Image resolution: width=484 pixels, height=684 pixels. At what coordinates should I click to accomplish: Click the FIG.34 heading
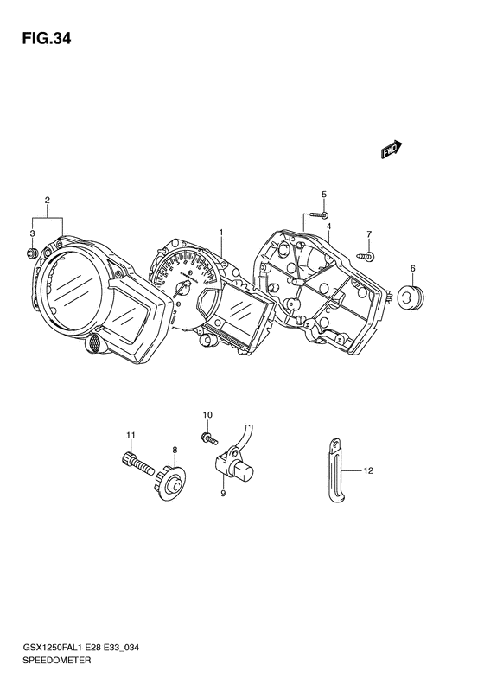pyautogui.click(x=46, y=39)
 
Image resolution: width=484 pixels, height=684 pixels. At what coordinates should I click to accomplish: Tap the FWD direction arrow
pyautogui.click(x=392, y=149)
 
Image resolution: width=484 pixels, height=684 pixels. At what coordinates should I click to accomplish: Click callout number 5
pyautogui.click(x=324, y=194)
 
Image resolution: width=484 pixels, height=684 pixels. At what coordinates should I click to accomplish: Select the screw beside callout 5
pyautogui.click(x=319, y=214)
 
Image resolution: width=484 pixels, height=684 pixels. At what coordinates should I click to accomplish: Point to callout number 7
pyautogui.click(x=369, y=234)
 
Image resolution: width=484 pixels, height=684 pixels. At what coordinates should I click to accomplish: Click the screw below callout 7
pyautogui.click(x=366, y=256)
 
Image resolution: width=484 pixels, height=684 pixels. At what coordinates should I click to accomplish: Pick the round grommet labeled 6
pyautogui.click(x=411, y=297)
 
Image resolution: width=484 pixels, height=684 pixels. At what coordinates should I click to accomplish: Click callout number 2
pyautogui.click(x=47, y=201)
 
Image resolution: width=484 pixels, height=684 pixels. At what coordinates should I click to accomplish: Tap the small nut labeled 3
pyautogui.click(x=32, y=253)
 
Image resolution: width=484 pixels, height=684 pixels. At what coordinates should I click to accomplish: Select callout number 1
pyautogui.click(x=221, y=233)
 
